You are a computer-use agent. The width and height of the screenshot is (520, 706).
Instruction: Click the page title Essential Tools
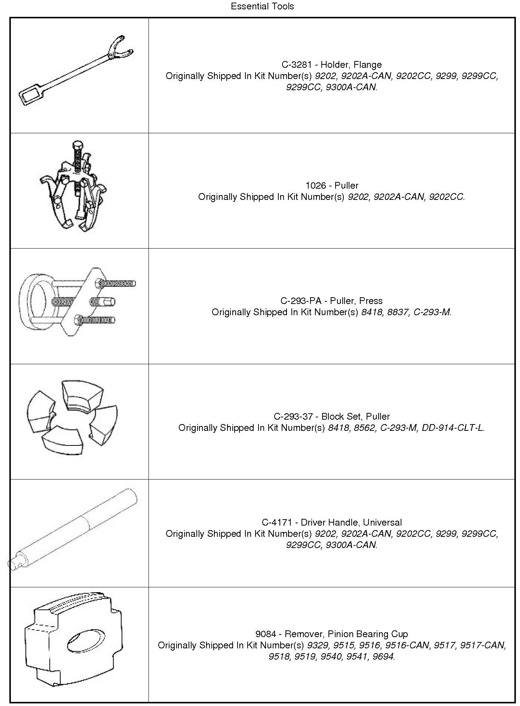(262, 6)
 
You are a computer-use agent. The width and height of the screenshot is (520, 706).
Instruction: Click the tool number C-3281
(296, 65)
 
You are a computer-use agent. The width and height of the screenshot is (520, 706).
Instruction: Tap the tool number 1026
(316, 186)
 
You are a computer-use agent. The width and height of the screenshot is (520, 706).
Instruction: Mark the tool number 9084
(266, 634)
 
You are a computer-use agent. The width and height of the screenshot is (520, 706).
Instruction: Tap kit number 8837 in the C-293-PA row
(397, 312)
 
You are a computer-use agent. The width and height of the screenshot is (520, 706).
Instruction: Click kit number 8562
(364, 428)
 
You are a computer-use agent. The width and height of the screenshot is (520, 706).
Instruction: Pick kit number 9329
(318, 645)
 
